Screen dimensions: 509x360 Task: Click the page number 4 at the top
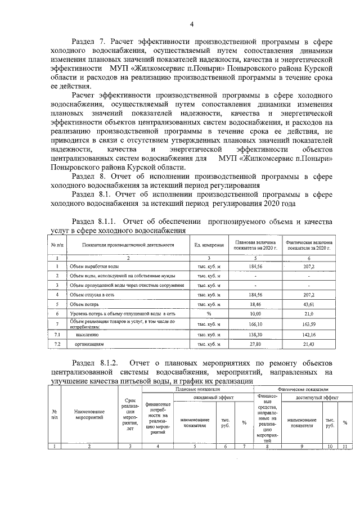point(191,24)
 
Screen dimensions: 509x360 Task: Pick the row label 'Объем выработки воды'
point(93,266)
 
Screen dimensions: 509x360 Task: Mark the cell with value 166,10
point(255,324)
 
